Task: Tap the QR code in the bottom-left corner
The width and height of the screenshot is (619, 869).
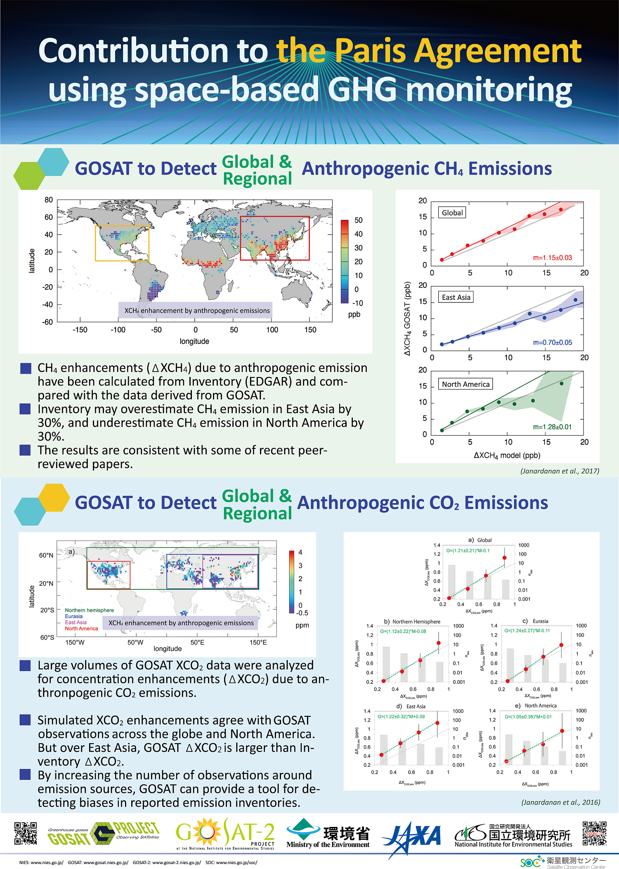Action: pos(26,833)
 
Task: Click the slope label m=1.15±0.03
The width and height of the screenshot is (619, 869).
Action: pos(552,258)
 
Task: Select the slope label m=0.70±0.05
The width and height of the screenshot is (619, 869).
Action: pos(552,342)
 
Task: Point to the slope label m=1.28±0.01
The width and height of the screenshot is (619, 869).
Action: pos(552,427)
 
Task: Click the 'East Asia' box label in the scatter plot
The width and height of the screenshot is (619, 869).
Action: pos(456,297)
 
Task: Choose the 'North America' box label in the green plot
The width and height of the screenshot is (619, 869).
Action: pos(465,384)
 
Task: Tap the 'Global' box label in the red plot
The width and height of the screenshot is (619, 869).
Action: pos(452,213)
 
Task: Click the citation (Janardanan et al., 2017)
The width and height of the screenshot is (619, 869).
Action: pos(560,471)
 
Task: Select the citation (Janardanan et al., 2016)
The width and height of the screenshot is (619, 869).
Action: pos(560,802)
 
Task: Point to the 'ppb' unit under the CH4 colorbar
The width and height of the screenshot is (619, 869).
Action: pos(354,314)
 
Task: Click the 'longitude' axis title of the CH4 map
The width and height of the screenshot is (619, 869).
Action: pos(194,341)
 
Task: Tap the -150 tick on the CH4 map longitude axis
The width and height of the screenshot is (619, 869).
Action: pos(80,330)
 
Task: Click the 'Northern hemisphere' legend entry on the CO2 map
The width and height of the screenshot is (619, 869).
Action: pos(89,610)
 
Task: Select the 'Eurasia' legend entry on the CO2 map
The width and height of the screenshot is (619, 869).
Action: pos(73,616)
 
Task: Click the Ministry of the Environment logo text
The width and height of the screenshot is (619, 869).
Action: pos(328,845)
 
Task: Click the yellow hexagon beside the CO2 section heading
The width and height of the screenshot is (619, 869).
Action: pos(54,497)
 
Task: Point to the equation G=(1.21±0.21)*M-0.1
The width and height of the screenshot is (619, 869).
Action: pos(468,551)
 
